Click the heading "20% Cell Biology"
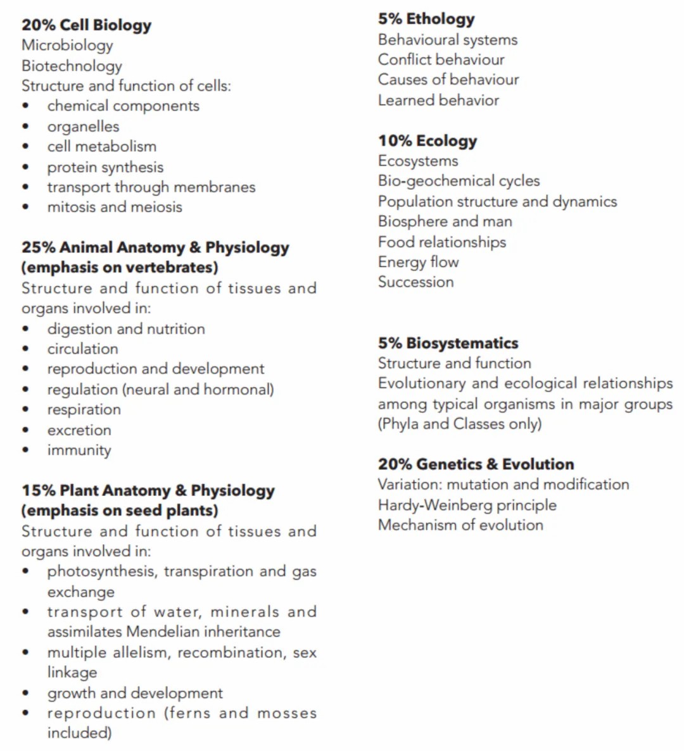pos(86,25)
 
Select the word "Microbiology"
pos(67,46)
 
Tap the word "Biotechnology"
pos(72,66)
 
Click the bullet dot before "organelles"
pos(25,127)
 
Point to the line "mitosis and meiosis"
pos(114,208)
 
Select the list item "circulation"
pos(82,349)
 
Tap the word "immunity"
pos(79,450)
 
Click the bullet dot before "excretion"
pos(25,430)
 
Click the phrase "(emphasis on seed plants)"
pos(120,511)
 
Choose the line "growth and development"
pos(135,693)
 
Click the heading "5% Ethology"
pos(426,20)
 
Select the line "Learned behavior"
pos(438,100)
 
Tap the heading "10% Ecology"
pos(427,141)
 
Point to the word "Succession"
pos(415,282)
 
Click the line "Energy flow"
pos(418,262)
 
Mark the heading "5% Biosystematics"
pos(448,344)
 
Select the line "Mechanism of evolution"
pos(460,525)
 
